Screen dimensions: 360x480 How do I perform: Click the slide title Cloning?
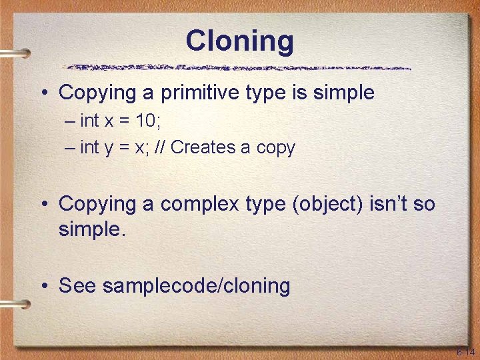pos(239,41)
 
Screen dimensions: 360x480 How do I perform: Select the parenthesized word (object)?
pos(327,203)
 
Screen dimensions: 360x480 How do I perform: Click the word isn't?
pos(387,203)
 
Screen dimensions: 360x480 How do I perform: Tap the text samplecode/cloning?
pos(197,286)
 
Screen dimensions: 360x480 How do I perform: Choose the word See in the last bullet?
pos(77,286)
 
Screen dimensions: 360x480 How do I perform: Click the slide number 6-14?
pos(465,351)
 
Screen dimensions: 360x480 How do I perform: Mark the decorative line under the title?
pos(239,67)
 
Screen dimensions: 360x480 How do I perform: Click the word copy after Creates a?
pos(275,148)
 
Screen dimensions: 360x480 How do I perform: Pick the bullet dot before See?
pos(44,287)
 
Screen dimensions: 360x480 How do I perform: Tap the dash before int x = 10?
pos(71,121)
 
